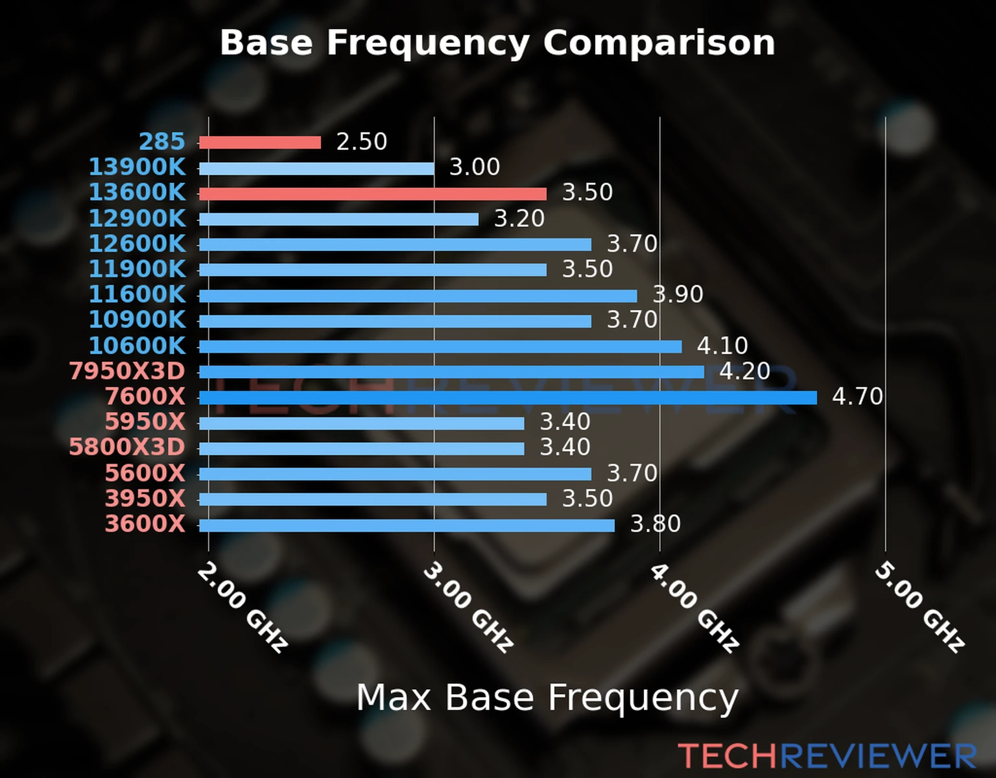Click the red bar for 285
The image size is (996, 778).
pyautogui.click(x=259, y=143)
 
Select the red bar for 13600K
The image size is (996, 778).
pyautogui.click(x=372, y=194)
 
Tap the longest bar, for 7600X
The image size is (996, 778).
pyautogui.click(x=507, y=397)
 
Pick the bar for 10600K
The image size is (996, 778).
pyautogui.click(x=440, y=347)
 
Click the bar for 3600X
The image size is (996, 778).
pyautogui.click(x=406, y=525)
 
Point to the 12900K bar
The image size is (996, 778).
pyautogui.click(x=338, y=219)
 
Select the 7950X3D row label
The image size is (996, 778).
pyautogui.click(x=127, y=371)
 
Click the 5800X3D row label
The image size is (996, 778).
pyautogui.click(x=127, y=447)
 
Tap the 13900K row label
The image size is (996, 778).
pyautogui.click(x=137, y=167)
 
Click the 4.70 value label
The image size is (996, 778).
pyautogui.click(x=857, y=396)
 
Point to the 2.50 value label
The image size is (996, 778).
pyautogui.click(x=361, y=142)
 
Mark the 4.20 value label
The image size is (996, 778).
pyautogui.click(x=744, y=371)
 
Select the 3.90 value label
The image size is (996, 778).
pyautogui.click(x=678, y=294)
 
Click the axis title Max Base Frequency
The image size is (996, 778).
pyautogui.click(x=547, y=698)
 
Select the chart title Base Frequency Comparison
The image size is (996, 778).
pyautogui.click(x=497, y=43)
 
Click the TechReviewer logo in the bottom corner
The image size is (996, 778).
pyautogui.click(x=827, y=756)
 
